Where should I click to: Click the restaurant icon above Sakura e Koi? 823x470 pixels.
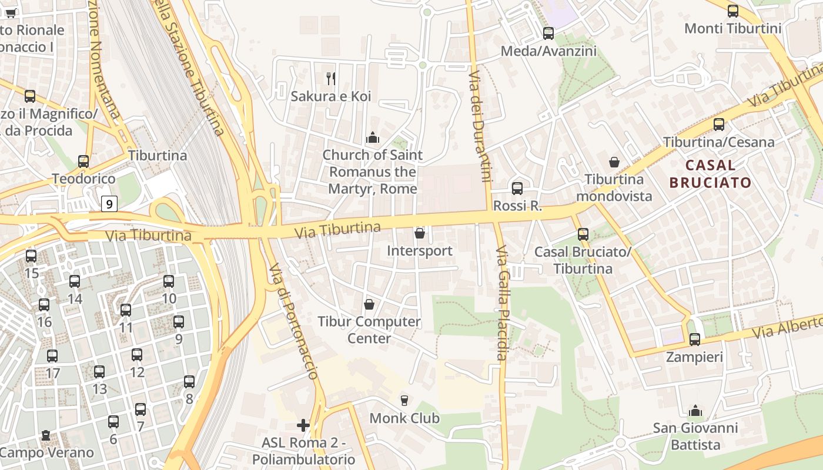(331, 78)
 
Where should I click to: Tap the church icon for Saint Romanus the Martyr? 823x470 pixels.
(372, 138)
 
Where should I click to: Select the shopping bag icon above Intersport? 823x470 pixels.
(420, 234)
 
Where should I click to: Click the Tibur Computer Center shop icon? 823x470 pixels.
(369, 304)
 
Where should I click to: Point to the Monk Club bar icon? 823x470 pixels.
(404, 401)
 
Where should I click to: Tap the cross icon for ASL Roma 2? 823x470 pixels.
(303, 425)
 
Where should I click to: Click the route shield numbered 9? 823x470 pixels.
(109, 204)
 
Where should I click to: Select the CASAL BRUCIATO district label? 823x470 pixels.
(710, 173)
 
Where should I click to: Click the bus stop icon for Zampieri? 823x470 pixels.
(695, 340)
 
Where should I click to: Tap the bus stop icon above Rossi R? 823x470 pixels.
(517, 189)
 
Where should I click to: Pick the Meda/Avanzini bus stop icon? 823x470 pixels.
(548, 33)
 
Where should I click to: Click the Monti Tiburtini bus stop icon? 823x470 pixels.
(733, 11)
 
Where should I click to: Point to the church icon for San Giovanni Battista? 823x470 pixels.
(695, 410)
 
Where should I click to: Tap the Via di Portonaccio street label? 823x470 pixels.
(293, 320)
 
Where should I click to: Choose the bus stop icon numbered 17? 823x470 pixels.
(52, 356)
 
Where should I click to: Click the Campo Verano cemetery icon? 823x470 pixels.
(46, 436)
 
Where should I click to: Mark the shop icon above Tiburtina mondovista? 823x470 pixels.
(614, 162)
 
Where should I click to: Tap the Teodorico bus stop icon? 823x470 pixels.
(83, 162)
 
